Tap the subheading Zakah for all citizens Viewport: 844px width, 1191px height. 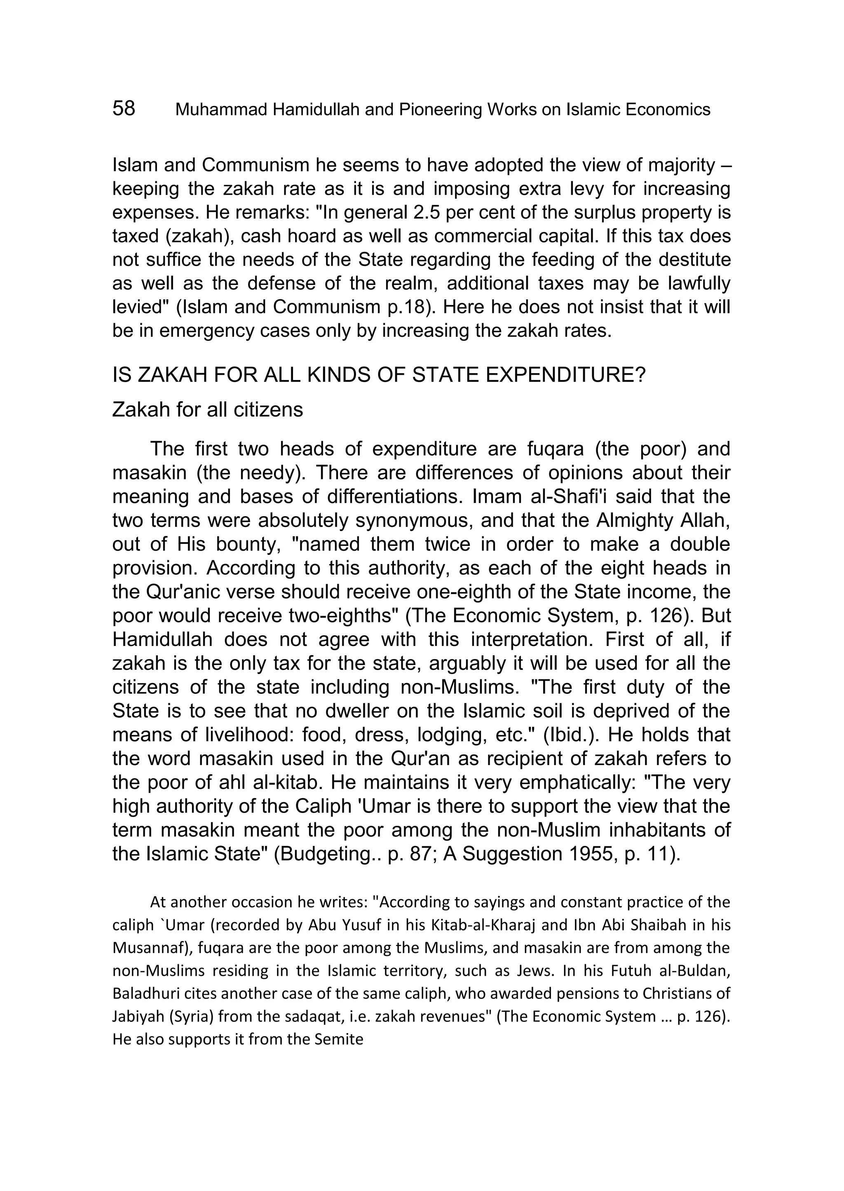tap(207, 410)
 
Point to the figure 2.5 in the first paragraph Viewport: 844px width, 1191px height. tap(391, 213)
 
